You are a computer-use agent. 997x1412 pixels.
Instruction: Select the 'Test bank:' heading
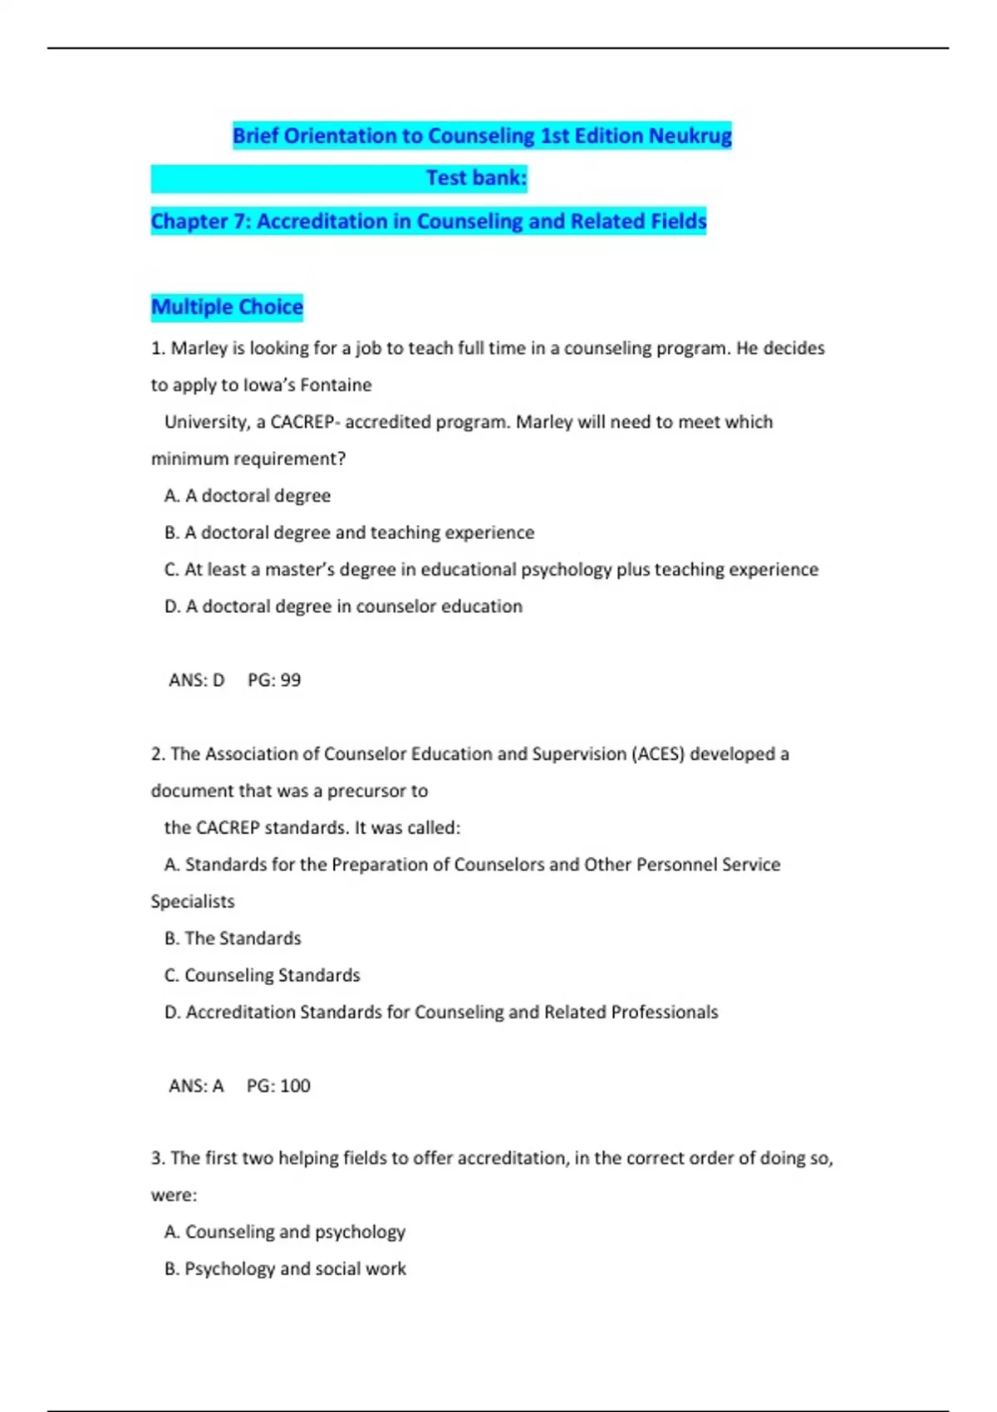click(x=476, y=178)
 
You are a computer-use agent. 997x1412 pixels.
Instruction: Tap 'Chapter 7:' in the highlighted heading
click(x=200, y=221)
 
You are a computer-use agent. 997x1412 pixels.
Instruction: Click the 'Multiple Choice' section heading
click(x=227, y=306)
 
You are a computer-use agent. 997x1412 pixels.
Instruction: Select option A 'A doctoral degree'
click(x=248, y=496)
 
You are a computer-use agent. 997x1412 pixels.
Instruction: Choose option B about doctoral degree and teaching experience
click(x=349, y=532)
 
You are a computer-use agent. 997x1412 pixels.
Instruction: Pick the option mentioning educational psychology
click(x=491, y=569)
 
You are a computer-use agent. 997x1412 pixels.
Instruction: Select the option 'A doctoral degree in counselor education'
click(x=343, y=606)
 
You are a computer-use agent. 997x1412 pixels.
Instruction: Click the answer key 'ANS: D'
click(x=197, y=680)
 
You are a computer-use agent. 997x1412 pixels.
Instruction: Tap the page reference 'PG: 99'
click(x=274, y=680)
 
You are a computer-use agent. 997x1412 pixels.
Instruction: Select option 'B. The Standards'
click(x=233, y=939)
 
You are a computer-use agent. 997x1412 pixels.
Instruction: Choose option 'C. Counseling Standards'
click(x=263, y=975)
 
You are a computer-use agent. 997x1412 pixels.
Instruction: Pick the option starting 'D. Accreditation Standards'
click(x=441, y=1012)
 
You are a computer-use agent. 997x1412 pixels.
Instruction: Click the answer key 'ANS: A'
click(x=196, y=1086)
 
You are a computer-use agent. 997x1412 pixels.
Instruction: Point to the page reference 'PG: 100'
click(x=278, y=1086)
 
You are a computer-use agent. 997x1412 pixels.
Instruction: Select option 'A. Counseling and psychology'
click(x=285, y=1232)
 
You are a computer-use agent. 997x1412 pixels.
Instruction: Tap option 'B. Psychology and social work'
click(x=285, y=1268)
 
